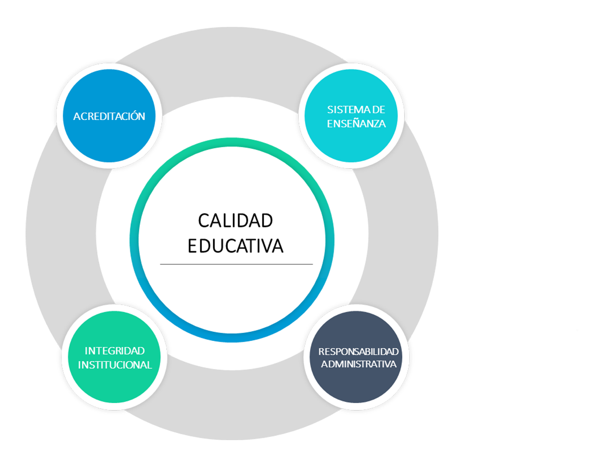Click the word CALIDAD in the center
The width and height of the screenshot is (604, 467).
pos(236,221)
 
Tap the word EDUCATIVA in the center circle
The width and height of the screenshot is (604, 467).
pos(236,246)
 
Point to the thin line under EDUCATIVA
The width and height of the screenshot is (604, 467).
pos(236,264)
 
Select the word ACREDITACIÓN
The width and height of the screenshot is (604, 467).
pos(109,116)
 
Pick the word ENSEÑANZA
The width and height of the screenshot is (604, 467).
pos(356,124)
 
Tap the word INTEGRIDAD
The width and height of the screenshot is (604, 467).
pos(115,351)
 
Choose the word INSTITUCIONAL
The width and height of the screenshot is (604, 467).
pos(115,365)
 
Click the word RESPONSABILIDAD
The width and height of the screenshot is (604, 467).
pos(358,352)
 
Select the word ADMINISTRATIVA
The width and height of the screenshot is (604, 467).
pos(359,364)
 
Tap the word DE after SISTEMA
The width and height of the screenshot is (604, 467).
pos(379,110)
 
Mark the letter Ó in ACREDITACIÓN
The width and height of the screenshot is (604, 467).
pos(133,116)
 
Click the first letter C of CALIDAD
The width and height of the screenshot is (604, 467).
pos(203,221)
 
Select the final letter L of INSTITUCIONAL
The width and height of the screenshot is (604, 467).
pos(150,365)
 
